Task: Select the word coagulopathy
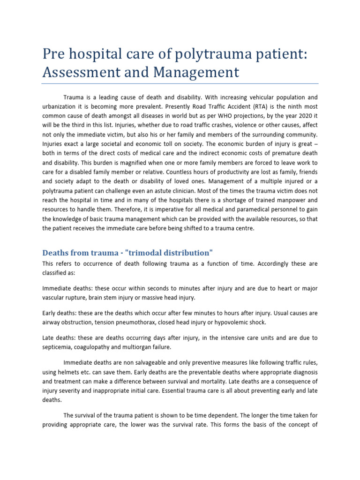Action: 98,347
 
